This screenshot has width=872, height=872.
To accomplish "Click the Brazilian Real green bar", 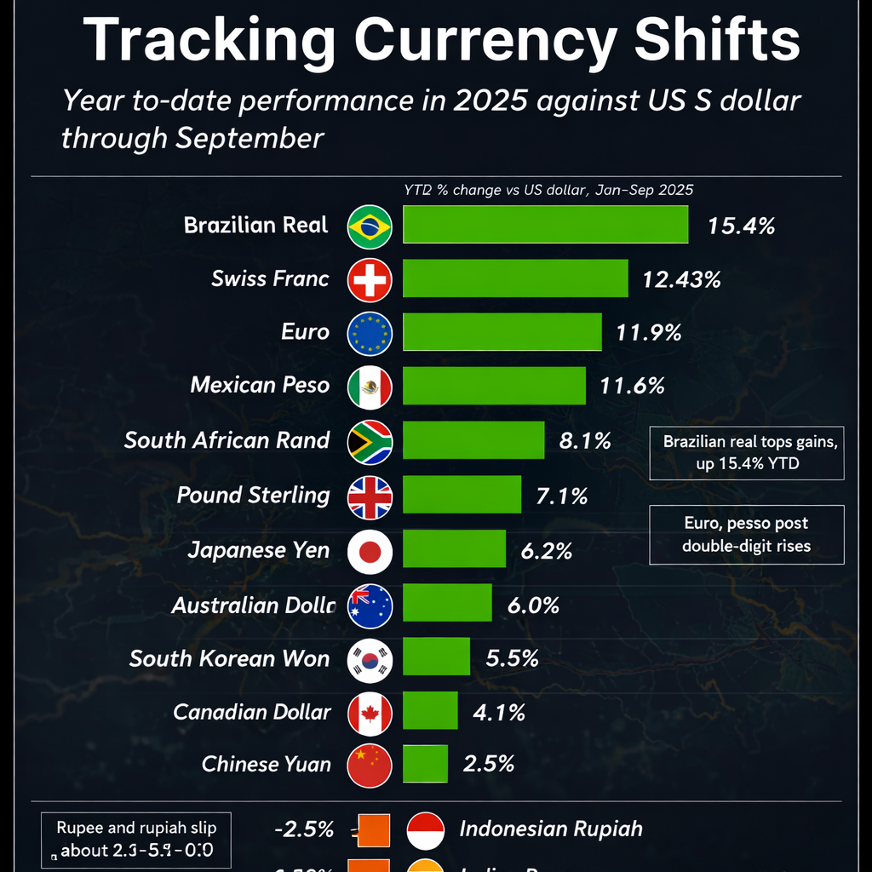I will pyautogui.click(x=545, y=225).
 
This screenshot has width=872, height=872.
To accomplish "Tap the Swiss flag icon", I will pyautogui.click(x=370, y=278).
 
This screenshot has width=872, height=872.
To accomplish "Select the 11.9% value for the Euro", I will pyautogui.click(x=648, y=332).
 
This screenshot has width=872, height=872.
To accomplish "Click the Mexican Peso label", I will pyautogui.click(x=260, y=385).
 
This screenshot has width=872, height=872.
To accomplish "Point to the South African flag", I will pyautogui.click(x=370, y=441).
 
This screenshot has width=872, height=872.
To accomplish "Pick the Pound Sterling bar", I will pyautogui.click(x=462, y=495).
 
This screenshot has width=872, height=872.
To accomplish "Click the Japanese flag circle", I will pyautogui.click(x=370, y=551).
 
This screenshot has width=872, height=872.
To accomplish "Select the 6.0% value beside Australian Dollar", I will pyautogui.click(x=533, y=605).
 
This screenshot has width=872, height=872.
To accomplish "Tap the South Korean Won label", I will pyautogui.click(x=229, y=658).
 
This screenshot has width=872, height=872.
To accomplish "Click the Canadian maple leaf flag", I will pyautogui.click(x=370, y=713).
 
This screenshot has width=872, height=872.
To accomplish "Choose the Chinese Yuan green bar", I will pyautogui.click(x=425, y=764).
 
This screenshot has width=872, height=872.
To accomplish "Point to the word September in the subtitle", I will pyautogui.click(x=250, y=137).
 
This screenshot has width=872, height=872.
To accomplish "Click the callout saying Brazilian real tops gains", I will pyautogui.click(x=746, y=453).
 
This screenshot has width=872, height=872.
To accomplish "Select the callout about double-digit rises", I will pyautogui.click(x=746, y=534).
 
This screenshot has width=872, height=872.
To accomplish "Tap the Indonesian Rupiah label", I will pyautogui.click(x=550, y=829).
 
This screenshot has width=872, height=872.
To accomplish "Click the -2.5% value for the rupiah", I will pyautogui.click(x=304, y=829).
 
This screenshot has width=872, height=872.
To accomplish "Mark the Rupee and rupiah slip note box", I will pyautogui.click(x=136, y=838).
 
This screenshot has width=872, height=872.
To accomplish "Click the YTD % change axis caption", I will pyautogui.click(x=548, y=191).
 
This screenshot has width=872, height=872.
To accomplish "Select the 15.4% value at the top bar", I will pyautogui.click(x=741, y=226).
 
